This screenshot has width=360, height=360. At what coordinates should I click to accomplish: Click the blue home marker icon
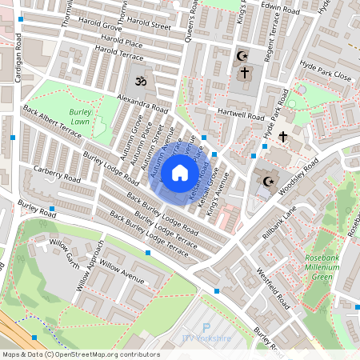click(180, 172)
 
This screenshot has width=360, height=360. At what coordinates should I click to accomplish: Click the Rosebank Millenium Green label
click(323, 267)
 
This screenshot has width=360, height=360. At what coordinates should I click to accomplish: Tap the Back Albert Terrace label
click(53, 122)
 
